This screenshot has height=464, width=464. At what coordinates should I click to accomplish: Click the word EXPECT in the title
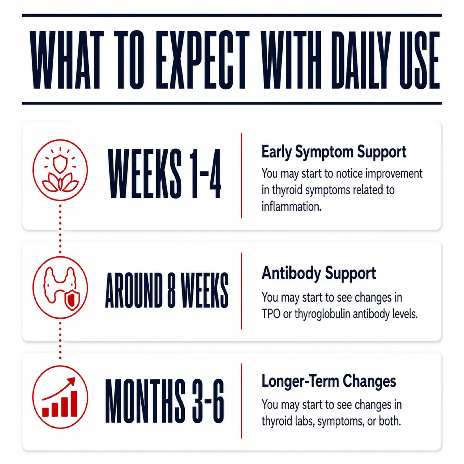[x=202, y=60]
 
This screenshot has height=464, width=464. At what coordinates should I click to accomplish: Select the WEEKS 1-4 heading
[x=165, y=174]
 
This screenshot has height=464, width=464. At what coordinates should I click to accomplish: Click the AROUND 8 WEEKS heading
[x=167, y=290]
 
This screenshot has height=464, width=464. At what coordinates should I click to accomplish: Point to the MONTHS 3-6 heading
[x=165, y=401]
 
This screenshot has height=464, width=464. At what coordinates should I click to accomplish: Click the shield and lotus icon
[x=60, y=170]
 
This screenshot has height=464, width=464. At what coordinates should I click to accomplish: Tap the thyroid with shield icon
[x=60, y=287]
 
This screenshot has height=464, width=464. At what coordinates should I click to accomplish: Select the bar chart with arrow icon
[x=60, y=397]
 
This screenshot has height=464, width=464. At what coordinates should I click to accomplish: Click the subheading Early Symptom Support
[x=334, y=152]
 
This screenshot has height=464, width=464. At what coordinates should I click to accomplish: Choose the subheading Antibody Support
[x=319, y=273]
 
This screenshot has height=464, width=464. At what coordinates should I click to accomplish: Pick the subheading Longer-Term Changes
[x=329, y=381]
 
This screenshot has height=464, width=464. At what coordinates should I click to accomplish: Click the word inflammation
[x=291, y=206]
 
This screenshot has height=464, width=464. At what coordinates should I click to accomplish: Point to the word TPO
[x=271, y=314]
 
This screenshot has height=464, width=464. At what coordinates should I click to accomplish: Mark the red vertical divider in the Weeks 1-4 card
[x=241, y=175]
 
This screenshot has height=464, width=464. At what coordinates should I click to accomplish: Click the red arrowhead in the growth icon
[x=72, y=382]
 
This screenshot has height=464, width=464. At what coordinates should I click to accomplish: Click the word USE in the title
[x=419, y=60]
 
